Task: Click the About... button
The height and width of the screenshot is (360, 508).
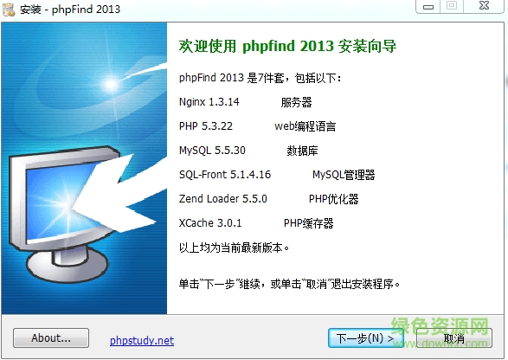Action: [51, 338]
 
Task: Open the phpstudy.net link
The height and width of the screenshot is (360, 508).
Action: [142, 340]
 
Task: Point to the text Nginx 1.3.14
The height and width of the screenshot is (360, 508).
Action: [209, 102]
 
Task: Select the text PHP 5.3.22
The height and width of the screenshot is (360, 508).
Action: [206, 126]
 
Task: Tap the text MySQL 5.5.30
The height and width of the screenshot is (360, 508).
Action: [212, 151]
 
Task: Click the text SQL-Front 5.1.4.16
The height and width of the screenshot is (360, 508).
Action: [224, 175]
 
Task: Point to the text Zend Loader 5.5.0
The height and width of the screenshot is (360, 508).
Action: [222, 199]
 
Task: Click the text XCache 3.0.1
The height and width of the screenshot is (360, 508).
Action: [210, 223]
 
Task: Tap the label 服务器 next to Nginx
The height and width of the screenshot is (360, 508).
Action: [296, 102]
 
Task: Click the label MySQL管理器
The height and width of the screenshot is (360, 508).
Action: [344, 175]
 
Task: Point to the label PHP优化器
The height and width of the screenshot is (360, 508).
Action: [333, 199]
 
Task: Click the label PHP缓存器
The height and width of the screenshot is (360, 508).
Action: [308, 223]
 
